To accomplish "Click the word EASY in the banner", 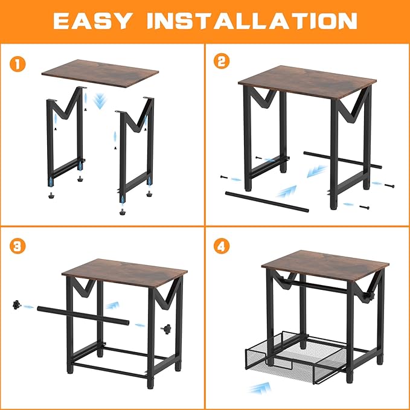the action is coord(91,21).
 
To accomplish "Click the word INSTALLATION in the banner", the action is coord(252,21).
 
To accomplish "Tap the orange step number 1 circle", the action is coord(18,64).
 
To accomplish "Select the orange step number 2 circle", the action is coord(222,61).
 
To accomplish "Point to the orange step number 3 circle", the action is coord(18,246).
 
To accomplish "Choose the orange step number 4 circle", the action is coord(222,246).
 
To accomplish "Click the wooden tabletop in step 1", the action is coord(100,74).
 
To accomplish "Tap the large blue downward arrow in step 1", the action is coord(100,101).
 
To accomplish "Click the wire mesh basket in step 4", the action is coord(295,357).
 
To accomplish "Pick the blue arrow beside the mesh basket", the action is coord(260,388).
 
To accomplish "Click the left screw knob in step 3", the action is coord(16,305).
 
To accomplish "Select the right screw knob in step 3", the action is coord(166,329).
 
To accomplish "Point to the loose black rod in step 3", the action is coord(83,315).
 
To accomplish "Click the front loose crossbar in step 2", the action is coord(267,202).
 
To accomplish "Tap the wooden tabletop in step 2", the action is coord(307,82).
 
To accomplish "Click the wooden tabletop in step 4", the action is coord(325,266).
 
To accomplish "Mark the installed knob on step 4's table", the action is coord(370,297).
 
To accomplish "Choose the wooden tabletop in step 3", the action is coord(125,273).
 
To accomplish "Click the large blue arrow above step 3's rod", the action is coord(112,305).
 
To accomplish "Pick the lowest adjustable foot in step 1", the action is coord(122,211).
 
